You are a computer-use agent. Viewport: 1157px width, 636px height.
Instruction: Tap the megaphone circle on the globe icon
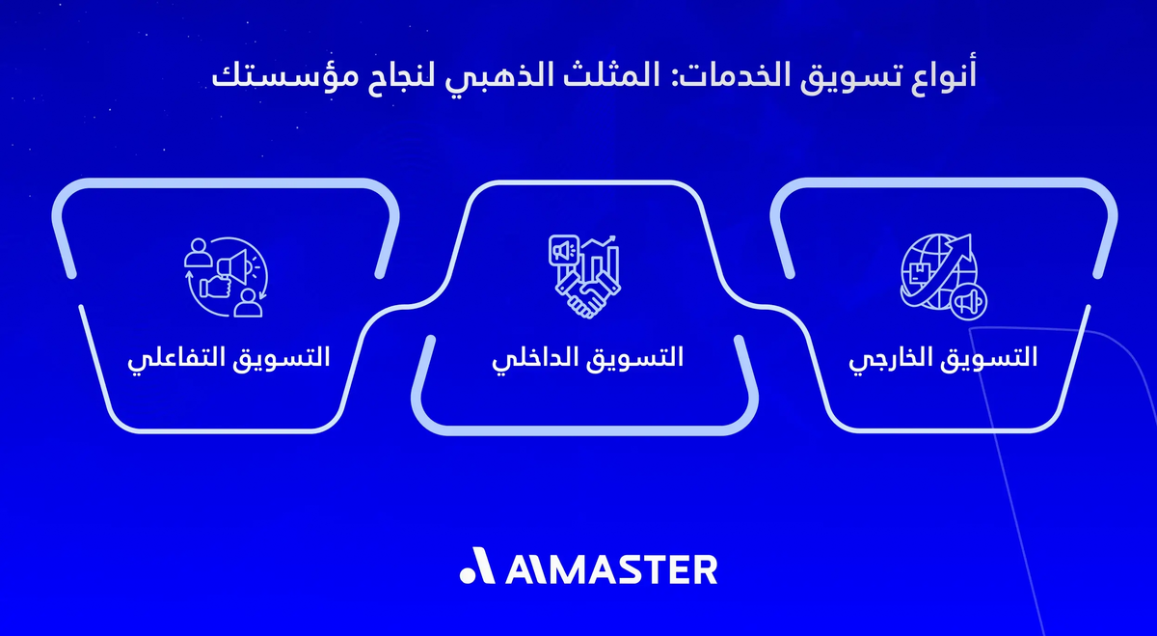(x=968, y=302)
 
